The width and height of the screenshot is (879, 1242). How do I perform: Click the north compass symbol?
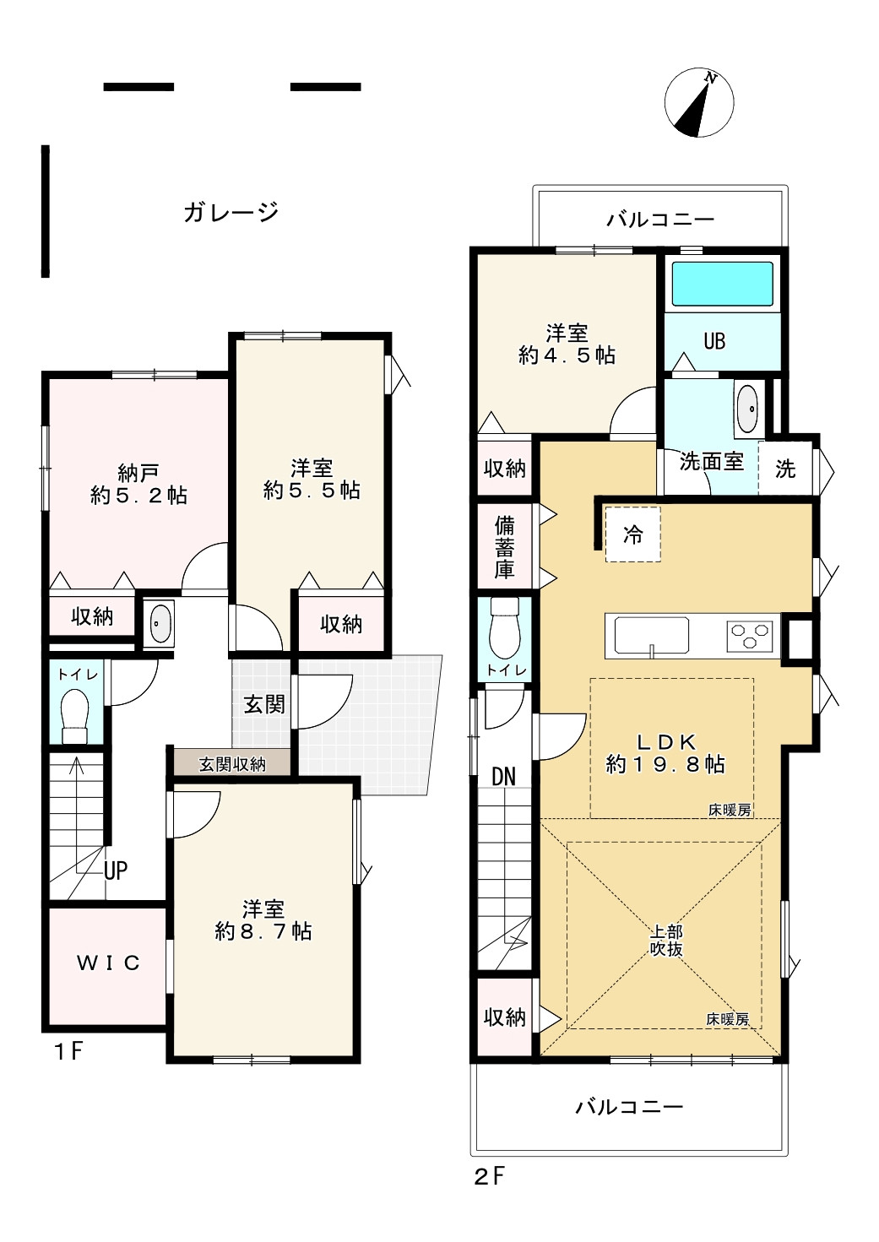699,103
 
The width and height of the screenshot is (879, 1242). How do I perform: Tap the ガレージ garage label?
231,212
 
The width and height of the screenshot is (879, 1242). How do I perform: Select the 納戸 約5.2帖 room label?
138,485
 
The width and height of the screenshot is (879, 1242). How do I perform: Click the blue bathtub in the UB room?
723,284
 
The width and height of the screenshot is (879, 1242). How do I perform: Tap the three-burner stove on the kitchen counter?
750,636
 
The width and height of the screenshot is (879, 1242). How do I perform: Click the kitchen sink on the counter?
651,636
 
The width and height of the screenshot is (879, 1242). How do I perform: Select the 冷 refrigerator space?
632,534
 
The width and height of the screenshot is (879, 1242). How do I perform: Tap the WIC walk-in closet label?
108,963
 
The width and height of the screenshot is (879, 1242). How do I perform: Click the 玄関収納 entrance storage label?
232,765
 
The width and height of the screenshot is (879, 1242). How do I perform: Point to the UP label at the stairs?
116,870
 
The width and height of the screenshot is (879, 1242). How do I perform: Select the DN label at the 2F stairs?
503,778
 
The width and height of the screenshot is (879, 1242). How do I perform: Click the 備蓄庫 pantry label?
505,547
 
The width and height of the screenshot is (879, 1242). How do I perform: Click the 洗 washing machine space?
785,469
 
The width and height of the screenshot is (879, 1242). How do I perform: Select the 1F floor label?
68,1051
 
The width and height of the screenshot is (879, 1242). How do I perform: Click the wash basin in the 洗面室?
749,408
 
